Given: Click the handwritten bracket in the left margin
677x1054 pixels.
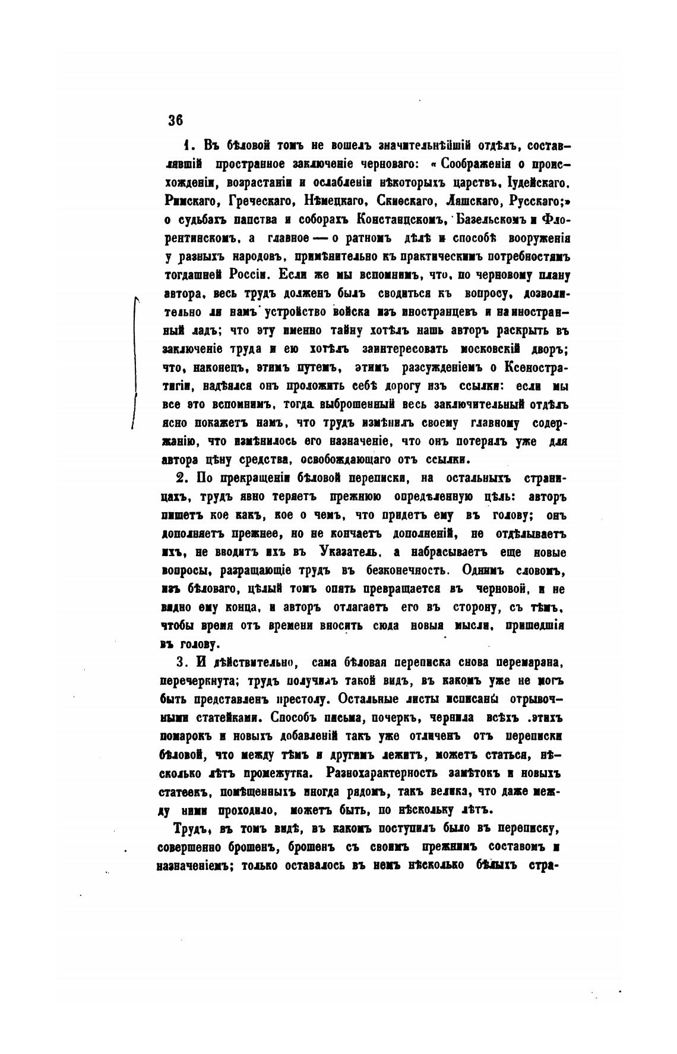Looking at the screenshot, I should pos(135,362).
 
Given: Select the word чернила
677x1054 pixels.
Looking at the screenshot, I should pos(453,718).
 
